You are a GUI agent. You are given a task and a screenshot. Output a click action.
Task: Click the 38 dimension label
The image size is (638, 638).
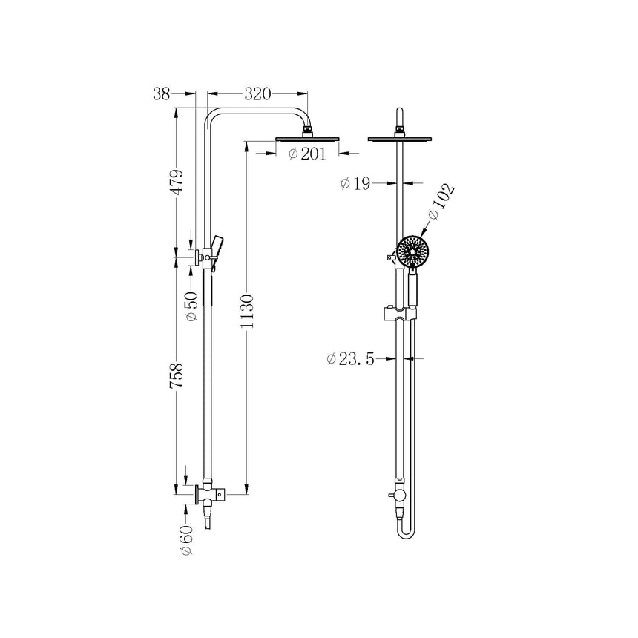click(162, 94)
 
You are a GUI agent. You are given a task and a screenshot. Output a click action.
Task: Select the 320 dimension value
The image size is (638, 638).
click(257, 94)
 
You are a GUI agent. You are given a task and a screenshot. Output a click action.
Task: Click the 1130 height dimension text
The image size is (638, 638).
click(248, 315)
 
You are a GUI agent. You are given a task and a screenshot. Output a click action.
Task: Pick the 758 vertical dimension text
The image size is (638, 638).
click(177, 378)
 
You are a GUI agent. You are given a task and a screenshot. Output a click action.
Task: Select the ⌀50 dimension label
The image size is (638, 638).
click(192, 306)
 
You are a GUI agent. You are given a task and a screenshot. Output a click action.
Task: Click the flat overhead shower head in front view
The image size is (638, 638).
click(401, 138)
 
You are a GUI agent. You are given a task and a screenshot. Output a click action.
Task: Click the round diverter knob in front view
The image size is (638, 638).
click(400, 495)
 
